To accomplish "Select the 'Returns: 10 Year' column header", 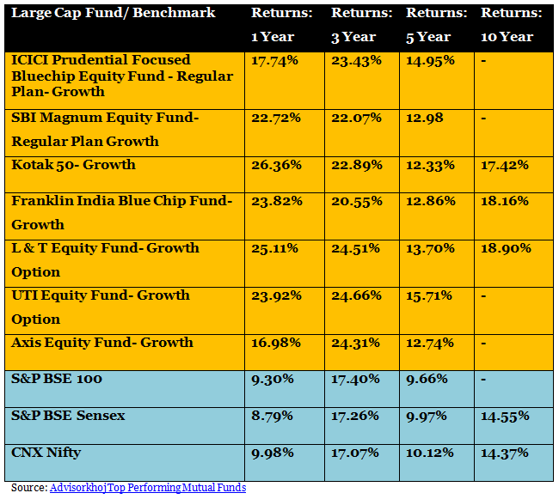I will point(510,25).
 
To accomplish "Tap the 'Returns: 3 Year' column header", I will point(361,25).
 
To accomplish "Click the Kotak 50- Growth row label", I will point(74,165).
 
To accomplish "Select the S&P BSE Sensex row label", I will point(68,416).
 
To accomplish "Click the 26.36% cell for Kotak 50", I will point(276,165).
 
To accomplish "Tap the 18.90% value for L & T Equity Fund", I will point(506,248).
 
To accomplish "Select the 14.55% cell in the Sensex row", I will point(506,416).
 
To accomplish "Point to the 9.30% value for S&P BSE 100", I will point(272,379).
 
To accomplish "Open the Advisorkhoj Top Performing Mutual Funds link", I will point(148,488).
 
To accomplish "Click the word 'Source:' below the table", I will point(29,488).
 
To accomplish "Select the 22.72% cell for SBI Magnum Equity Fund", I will point(276,118).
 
